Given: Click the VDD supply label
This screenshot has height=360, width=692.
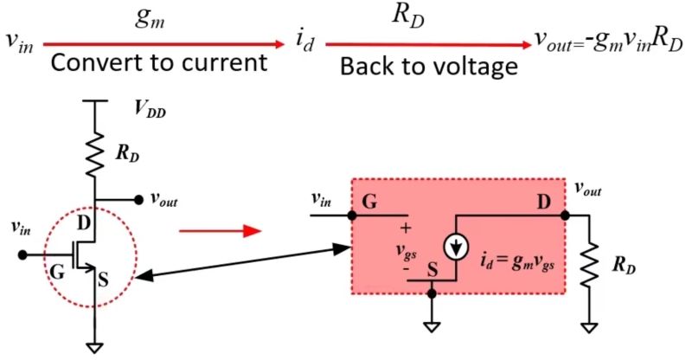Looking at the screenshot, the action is click(150, 109).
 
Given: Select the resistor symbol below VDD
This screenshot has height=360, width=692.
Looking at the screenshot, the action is click(95, 153).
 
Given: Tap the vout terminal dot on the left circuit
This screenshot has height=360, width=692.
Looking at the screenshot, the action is click(138, 200).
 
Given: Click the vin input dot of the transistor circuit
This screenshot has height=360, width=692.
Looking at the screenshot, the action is click(22, 255).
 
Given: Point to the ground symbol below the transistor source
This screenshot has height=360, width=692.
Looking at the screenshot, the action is click(95, 347).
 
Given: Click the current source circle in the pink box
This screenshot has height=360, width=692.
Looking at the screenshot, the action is click(456, 247).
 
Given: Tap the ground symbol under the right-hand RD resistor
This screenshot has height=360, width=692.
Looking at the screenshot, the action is click(590, 328).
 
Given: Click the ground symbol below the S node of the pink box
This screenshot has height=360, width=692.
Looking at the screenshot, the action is click(432, 327).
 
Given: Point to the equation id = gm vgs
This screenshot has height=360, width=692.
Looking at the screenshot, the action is click(517, 262).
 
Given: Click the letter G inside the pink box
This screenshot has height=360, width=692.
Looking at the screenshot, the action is click(369, 202).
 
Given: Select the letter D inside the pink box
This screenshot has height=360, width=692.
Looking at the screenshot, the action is click(544, 202).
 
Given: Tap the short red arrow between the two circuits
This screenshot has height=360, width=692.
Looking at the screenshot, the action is click(221, 230).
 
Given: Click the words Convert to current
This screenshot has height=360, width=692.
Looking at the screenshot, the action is click(159, 62).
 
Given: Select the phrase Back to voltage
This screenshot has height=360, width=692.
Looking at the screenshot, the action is click(429, 67).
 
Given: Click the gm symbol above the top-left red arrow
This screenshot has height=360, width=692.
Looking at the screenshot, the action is click(150, 19).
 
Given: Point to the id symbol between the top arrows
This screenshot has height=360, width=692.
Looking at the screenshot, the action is click(305, 42).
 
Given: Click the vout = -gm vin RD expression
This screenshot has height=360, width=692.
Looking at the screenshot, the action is click(609, 43).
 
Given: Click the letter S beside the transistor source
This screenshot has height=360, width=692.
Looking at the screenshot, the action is click(103, 280).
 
